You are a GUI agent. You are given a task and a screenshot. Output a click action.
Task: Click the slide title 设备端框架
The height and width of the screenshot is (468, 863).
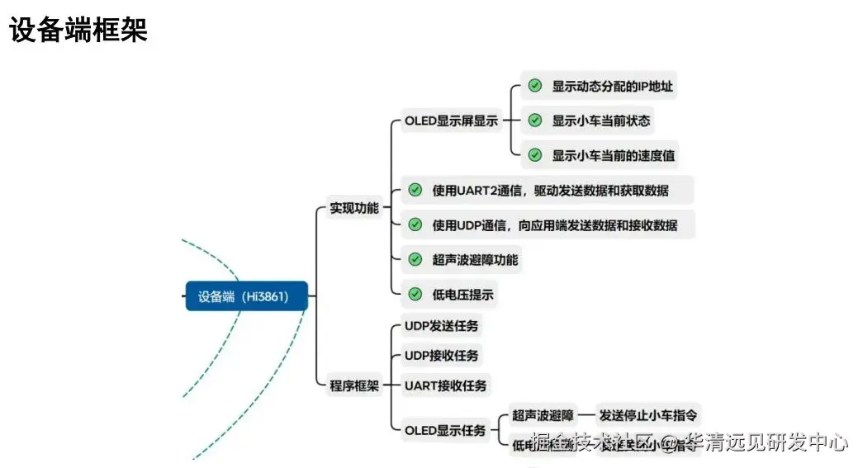78,31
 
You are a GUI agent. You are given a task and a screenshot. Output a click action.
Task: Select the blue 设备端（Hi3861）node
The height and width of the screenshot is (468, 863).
246,296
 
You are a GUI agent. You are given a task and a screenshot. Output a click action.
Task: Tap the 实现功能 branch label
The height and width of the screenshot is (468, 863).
353,208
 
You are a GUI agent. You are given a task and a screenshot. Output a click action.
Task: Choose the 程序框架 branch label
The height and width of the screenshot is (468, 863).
353,385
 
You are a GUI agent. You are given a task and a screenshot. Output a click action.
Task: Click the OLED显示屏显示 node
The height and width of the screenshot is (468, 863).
451,121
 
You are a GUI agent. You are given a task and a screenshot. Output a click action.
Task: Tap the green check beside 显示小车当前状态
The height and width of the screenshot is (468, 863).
535,121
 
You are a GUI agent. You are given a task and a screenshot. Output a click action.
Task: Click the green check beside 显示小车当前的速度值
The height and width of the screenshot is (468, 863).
535,155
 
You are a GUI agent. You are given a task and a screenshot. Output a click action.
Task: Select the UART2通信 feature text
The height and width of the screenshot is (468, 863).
550,191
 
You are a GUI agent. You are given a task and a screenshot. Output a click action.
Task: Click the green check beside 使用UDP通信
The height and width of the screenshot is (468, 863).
415,225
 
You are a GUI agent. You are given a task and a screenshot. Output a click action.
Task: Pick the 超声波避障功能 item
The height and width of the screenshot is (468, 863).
475,259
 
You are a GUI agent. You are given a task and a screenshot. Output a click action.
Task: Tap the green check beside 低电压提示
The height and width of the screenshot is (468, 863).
415,294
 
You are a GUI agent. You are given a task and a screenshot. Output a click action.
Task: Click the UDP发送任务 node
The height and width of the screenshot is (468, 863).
441,325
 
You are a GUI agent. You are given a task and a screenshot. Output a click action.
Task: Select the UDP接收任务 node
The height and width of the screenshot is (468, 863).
441,356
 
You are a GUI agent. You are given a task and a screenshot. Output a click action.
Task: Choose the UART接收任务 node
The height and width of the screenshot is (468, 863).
445,385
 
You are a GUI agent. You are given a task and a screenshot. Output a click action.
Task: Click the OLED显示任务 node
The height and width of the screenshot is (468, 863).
445,430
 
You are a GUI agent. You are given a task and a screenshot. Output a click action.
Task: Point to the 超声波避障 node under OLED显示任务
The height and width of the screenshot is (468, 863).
542,415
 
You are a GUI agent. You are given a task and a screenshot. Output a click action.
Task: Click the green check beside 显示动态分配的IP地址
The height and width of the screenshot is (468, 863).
535,86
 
